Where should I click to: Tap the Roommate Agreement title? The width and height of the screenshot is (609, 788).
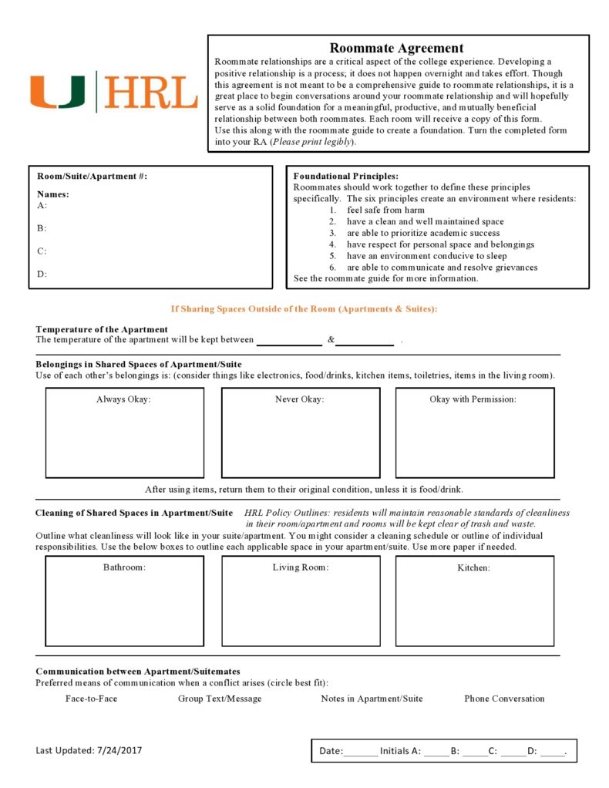coord(396,48)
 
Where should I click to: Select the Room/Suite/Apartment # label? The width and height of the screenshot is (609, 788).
coord(92,177)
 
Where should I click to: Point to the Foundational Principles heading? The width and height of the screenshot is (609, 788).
coord(345,177)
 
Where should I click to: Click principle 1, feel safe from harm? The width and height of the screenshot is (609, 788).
coord(385,210)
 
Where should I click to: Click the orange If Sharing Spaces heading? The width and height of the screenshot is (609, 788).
coord(304,308)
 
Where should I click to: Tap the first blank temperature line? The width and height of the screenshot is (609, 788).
coord(288,341)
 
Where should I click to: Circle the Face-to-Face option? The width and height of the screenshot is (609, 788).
coord(91,699)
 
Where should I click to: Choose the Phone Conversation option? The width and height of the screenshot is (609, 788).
coord(504,699)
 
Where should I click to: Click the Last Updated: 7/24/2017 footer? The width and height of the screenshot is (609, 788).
coord(89,750)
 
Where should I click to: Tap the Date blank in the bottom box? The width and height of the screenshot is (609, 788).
coord(361,751)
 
